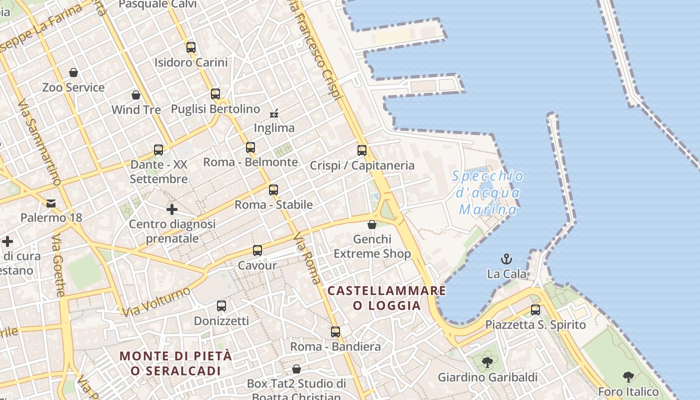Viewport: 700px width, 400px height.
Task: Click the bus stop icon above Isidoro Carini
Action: click(x=190, y=47)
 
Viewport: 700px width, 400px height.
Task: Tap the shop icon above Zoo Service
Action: click(x=73, y=72)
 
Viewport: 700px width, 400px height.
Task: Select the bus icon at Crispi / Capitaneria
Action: click(x=362, y=150)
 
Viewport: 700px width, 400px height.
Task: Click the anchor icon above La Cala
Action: click(x=507, y=259)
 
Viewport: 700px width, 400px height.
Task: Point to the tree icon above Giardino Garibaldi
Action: click(x=487, y=362)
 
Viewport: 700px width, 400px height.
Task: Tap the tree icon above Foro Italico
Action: click(x=628, y=376)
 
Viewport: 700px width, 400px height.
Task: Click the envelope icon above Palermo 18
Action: click(x=51, y=203)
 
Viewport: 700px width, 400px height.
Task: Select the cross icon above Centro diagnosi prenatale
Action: click(x=172, y=209)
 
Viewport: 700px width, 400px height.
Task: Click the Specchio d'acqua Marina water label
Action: click(x=487, y=192)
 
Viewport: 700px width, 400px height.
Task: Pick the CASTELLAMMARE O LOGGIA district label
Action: click(x=387, y=298)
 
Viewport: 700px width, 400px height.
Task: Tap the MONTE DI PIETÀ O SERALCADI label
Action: click(x=176, y=363)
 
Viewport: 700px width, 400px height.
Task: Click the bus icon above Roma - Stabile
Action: click(x=273, y=190)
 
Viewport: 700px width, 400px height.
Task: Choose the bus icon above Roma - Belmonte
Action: click(x=250, y=147)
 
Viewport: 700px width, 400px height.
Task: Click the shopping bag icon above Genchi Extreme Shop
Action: click(x=372, y=224)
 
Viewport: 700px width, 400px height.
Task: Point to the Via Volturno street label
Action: click(x=157, y=301)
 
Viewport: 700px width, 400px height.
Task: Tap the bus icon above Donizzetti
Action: click(x=221, y=305)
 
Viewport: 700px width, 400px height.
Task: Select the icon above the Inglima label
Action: click(x=274, y=113)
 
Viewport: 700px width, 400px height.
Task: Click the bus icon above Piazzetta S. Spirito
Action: click(x=535, y=310)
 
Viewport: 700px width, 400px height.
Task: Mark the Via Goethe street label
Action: click(x=58, y=265)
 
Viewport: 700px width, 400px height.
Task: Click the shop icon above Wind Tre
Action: click(x=136, y=95)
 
